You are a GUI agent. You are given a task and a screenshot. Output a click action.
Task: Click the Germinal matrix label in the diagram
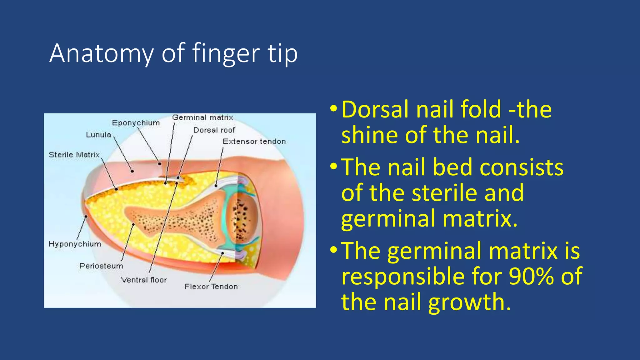(x=202, y=117)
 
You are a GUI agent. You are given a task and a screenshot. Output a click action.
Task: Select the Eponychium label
(x=136, y=123)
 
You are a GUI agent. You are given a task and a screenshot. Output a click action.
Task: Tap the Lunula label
(x=98, y=135)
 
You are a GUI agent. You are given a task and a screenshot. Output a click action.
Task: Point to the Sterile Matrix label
(x=74, y=155)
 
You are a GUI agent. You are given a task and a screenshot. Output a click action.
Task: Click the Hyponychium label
(x=75, y=244)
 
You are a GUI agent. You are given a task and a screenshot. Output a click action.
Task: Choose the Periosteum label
(x=101, y=266)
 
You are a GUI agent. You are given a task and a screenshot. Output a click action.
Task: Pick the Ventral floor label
(x=144, y=280)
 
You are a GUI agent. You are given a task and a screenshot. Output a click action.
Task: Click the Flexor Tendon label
(x=211, y=287)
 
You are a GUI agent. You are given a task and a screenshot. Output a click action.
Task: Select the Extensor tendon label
(x=254, y=142)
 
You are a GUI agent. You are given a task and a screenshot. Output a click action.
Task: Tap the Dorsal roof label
(x=214, y=130)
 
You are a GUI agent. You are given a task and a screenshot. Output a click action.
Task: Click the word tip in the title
(x=282, y=53)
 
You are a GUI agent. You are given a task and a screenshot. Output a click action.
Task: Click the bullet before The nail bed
(x=333, y=167)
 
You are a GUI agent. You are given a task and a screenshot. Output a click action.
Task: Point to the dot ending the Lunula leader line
(x=132, y=171)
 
